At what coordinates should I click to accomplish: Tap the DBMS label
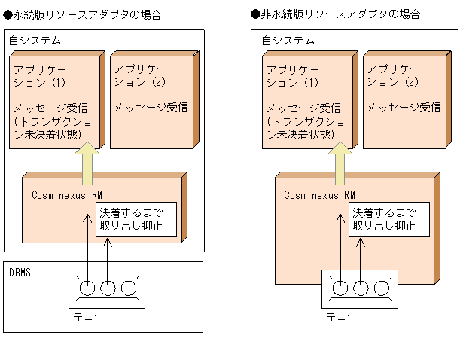point(20,272)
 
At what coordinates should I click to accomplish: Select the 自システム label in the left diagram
point(35,39)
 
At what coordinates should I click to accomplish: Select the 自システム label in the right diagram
point(288,39)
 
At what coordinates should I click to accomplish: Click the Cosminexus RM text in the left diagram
point(67,194)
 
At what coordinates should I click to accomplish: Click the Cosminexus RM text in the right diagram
point(319,194)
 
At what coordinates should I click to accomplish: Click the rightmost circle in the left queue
point(128,287)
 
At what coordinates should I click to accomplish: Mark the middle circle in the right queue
point(361,287)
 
